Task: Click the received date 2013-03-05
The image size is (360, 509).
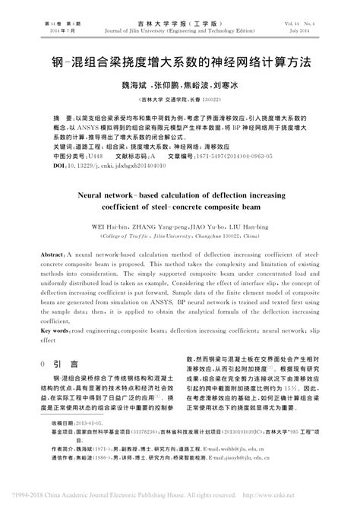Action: click(x=95, y=422)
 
